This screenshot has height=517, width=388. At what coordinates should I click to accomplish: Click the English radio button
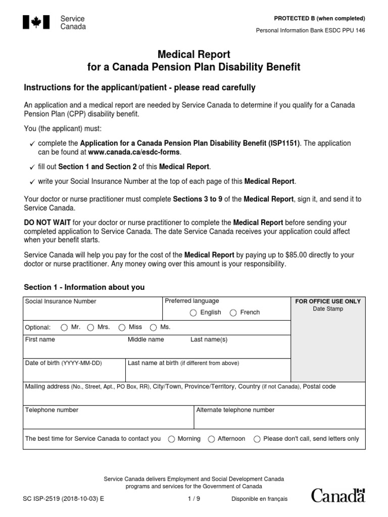[x=193, y=313]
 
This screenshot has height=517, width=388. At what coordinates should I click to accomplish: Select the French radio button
[x=233, y=313]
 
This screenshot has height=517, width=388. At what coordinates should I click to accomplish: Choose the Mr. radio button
[x=64, y=327]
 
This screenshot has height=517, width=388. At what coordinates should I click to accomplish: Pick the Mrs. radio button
[x=90, y=327]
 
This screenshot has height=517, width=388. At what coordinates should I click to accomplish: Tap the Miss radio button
[x=122, y=327]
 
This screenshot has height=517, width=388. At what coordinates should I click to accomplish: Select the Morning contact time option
[x=171, y=439]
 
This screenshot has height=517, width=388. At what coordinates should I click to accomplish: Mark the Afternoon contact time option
[x=211, y=439]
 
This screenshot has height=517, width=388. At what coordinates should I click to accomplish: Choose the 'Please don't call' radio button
[x=257, y=439]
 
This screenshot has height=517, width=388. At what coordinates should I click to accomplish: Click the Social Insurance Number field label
[x=61, y=301]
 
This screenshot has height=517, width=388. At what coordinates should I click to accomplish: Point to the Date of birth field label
[x=63, y=363]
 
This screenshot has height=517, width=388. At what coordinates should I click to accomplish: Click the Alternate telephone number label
[x=235, y=410]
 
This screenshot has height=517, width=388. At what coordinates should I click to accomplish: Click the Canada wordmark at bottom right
[x=337, y=496]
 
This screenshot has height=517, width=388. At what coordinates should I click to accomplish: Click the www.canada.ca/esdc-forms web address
[x=133, y=152]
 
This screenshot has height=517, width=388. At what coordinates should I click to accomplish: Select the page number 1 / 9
[x=193, y=499]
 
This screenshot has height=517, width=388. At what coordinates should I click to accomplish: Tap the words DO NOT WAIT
[x=47, y=222]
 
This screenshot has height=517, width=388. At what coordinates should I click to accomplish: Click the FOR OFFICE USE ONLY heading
[x=328, y=301]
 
